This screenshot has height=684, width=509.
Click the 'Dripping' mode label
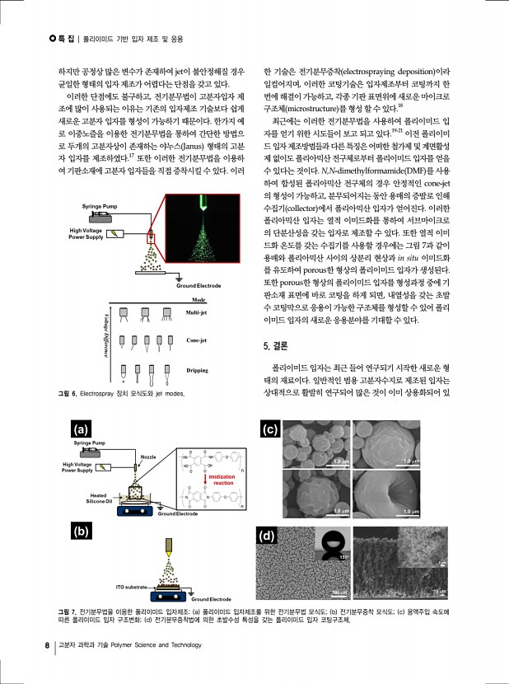click(x=197, y=371)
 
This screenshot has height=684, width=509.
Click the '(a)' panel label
click(x=81, y=429)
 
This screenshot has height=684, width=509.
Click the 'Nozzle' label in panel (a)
click(x=148, y=457)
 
